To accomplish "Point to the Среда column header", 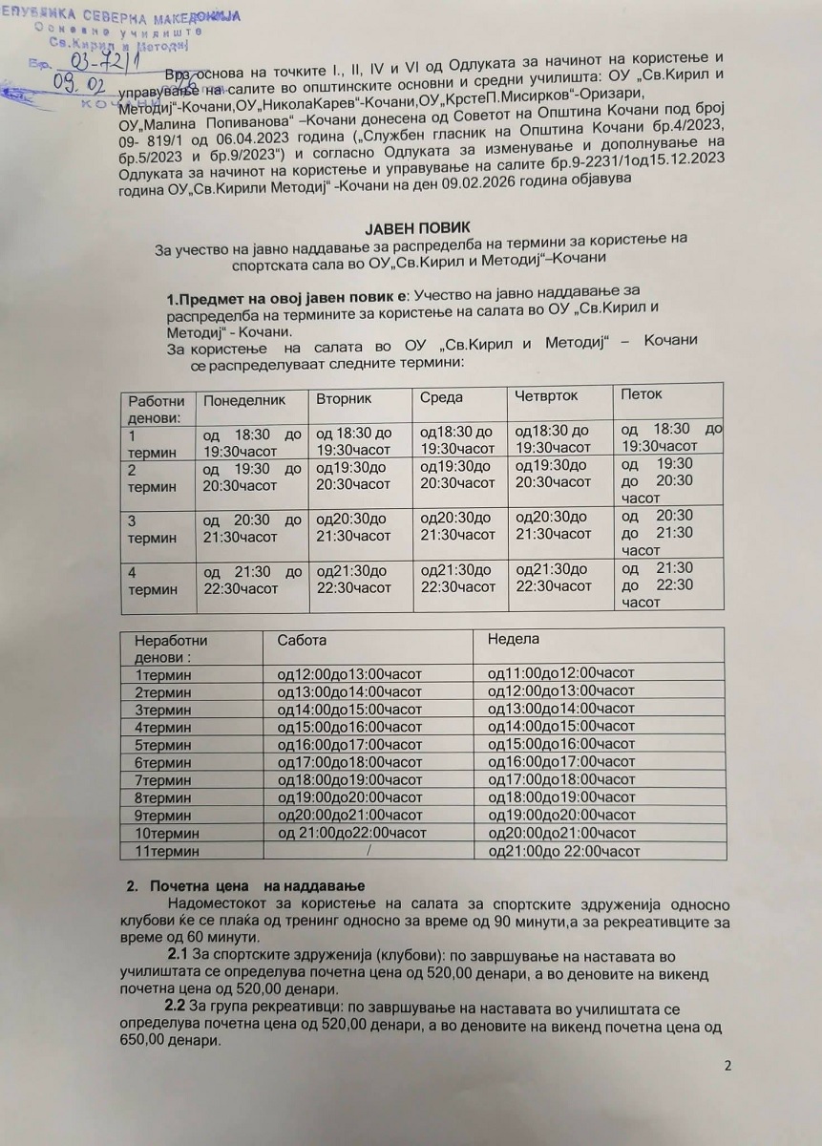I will click(x=441, y=396).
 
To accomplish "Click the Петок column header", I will click(x=642, y=393).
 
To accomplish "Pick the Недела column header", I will click(x=513, y=638).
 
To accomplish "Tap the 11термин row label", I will click(x=168, y=850).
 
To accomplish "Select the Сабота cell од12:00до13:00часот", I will click(x=349, y=673).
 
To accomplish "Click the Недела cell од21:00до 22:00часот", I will click(x=563, y=851).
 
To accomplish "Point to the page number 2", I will click(x=727, y=1066).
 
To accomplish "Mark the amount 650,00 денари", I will click(x=169, y=1042).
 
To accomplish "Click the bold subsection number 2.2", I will click(x=175, y=1007).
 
